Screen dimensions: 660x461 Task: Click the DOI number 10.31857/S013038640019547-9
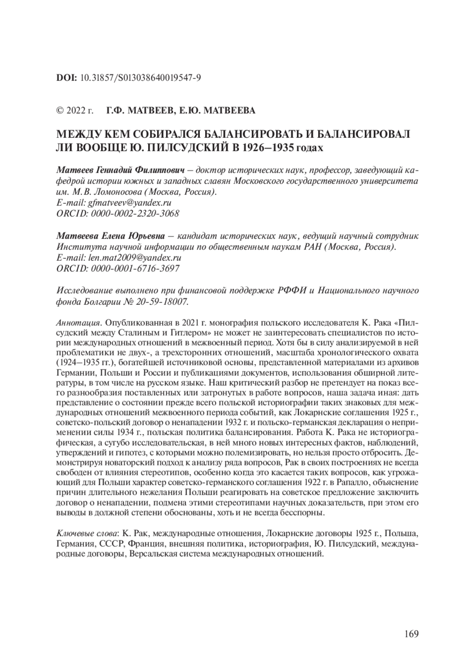(140, 78)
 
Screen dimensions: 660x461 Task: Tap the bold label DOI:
(66, 78)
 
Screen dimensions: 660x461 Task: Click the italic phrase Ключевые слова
(88, 534)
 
